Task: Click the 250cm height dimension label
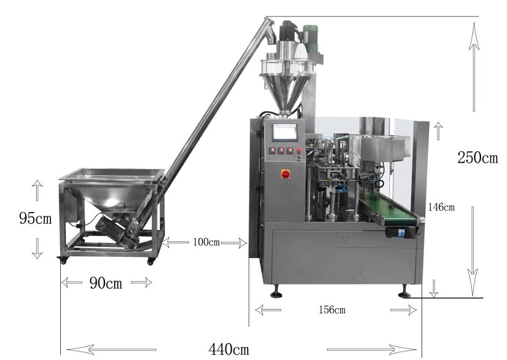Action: tap(478, 157)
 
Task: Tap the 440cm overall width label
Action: tap(229, 349)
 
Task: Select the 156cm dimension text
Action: tap(332, 310)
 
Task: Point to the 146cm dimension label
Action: tap(441, 207)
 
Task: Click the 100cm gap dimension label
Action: tap(206, 242)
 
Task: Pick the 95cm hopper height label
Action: tap(35, 218)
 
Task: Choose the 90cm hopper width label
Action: tap(106, 283)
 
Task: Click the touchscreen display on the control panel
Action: tap(285, 132)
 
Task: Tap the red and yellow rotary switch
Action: tap(286, 174)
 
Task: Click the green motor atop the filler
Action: tap(311, 37)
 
